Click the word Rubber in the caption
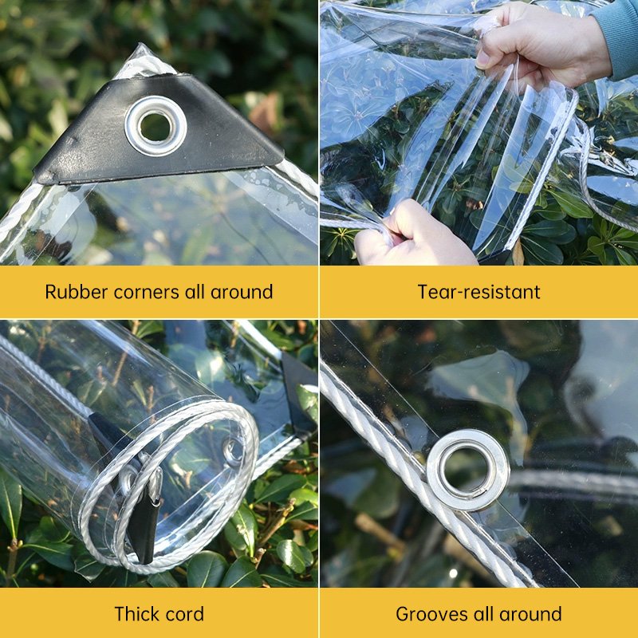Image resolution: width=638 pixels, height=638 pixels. click(76, 292)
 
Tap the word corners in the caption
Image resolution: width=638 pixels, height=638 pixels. click(147, 292)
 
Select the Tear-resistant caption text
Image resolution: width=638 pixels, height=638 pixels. click(479, 292)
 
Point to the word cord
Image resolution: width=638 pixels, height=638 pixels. click(183, 614)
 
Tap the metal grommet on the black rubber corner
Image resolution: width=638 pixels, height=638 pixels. click(156, 126)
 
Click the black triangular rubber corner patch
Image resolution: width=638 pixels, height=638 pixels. click(159, 134)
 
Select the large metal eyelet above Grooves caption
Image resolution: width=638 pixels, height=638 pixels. click(468, 471)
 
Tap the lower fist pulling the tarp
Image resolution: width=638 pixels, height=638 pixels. click(411, 236)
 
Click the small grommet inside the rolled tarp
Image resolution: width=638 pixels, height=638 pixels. click(234, 451)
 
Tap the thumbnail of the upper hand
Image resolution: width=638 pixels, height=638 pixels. click(482, 59)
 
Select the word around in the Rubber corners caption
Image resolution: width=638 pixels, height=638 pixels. click(242, 292)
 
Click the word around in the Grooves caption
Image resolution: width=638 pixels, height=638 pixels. click(530, 614)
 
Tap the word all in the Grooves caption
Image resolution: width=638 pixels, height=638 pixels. click(483, 614)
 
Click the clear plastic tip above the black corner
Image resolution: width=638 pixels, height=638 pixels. click(144, 61)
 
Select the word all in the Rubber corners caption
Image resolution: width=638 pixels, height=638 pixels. click(195, 292)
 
